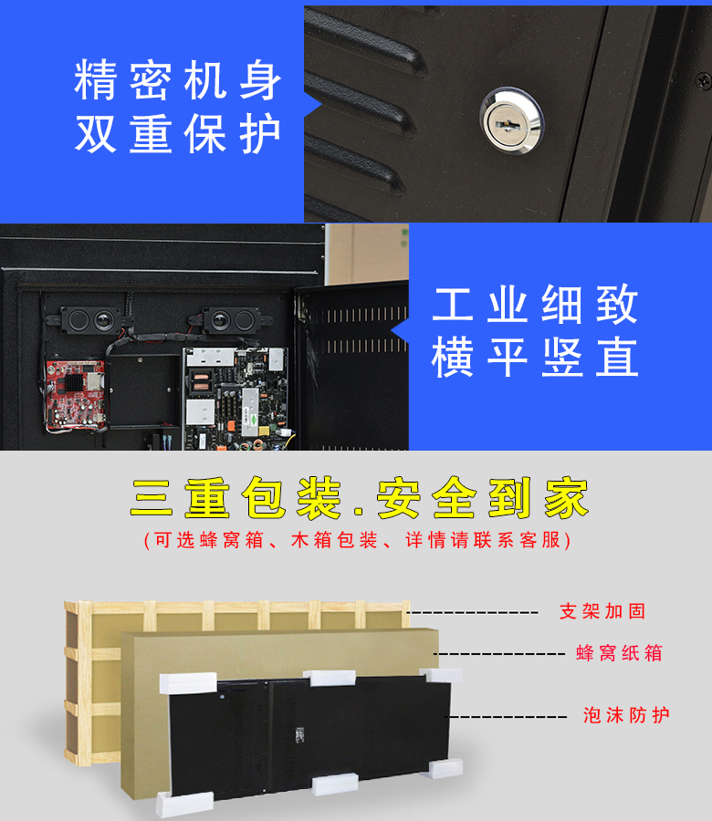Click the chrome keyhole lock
(x=511, y=120)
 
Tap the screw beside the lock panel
(x=703, y=80)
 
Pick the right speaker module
(x=231, y=319)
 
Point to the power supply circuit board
(x=235, y=399)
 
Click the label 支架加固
(x=602, y=611)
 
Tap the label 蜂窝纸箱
(x=619, y=653)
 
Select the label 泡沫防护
(x=626, y=714)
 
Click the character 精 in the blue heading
(x=95, y=79)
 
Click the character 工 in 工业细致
(x=453, y=304)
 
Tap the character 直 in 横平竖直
(x=618, y=358)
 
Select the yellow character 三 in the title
(x=152, y=498)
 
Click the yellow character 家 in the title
(x=566, y=498)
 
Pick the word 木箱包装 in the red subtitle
(x=334, y=540)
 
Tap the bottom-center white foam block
(x=335, y=784)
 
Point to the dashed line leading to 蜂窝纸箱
(x=498, y=653)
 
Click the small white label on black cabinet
(x=299, y=734)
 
